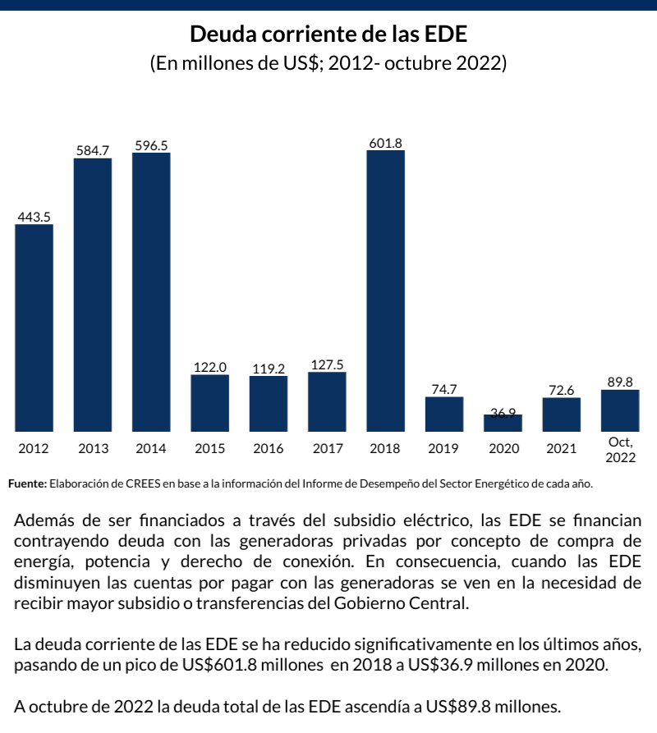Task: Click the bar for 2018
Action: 385,291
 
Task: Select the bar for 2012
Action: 34,328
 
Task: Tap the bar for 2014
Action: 151,291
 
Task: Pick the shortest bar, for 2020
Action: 503,424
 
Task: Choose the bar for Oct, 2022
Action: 620,410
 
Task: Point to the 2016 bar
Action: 269,403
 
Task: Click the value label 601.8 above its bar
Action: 385,143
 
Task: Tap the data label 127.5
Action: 327,364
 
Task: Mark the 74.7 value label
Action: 444,389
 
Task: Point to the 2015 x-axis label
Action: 209,449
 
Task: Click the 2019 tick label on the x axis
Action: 444,449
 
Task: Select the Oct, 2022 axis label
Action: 620,450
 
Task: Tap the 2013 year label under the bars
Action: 93,449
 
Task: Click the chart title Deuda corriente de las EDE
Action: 328,34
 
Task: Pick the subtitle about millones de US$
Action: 328,63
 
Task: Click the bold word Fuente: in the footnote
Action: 27,483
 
